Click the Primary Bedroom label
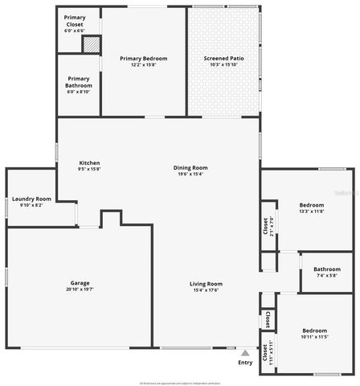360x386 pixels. coord(142,58)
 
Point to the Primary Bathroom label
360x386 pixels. coord(79,81)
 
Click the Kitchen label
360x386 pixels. coord(89,163)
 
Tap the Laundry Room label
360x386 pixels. coord(31,199)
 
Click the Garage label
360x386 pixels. coord(80,283)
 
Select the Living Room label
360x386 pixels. coord(206,284)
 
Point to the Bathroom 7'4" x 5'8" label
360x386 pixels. coord(327,269)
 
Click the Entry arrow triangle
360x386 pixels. coord(245,352)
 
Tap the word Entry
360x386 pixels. coord(245,363)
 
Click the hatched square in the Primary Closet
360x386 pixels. coord(92,44)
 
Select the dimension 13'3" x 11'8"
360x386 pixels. coord(312,211)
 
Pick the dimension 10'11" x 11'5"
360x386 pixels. coord(314,338)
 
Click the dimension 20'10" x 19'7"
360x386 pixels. coord(80,289)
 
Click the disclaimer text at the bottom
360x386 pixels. coord(179,383)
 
